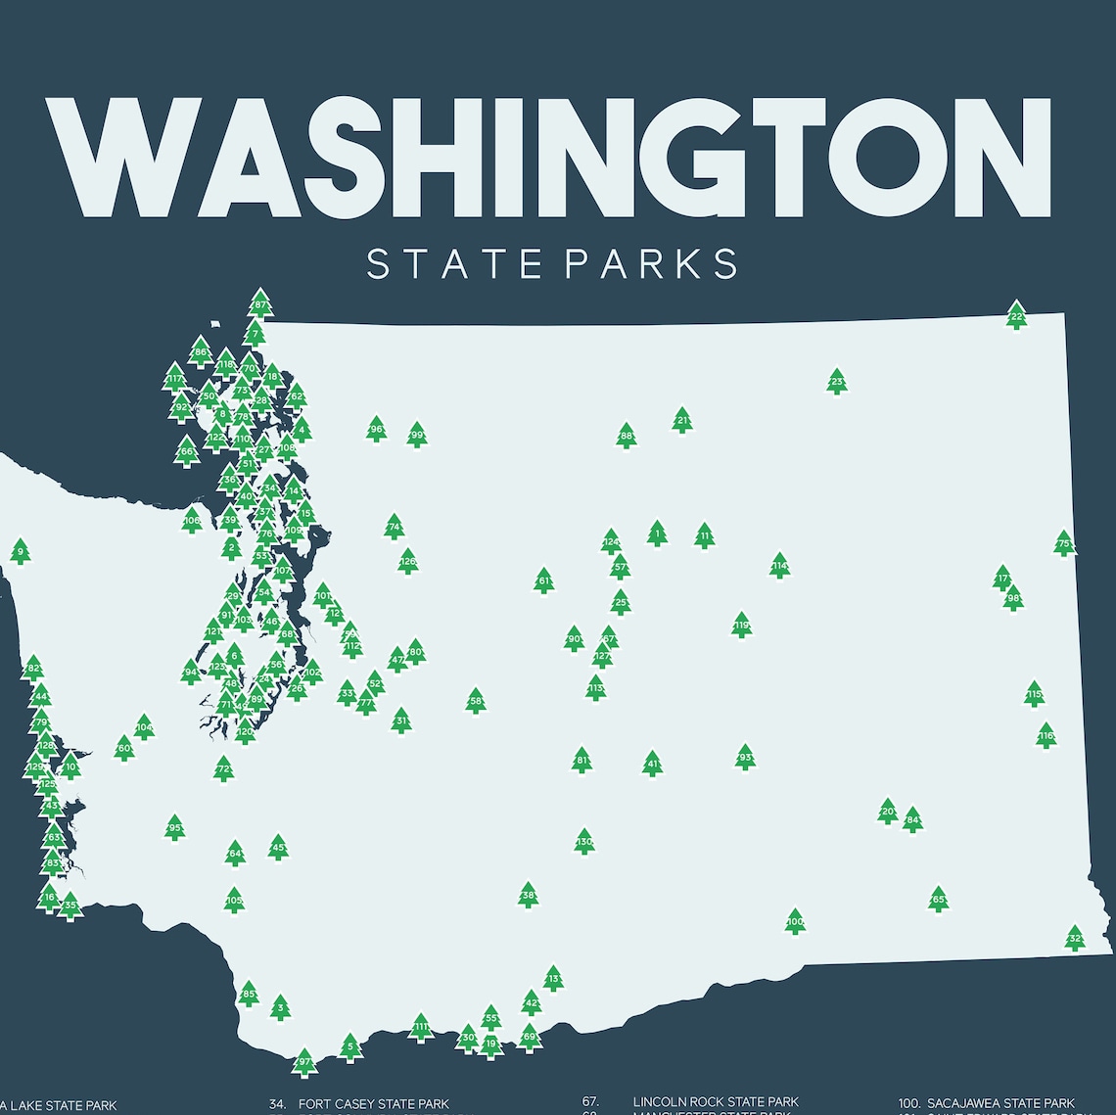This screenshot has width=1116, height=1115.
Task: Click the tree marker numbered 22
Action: pos(1016,315)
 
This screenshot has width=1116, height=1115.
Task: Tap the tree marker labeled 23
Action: pos(836,382)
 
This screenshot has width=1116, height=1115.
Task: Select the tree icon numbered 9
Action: pos(20,552)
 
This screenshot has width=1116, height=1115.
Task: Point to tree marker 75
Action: pos(1064,543)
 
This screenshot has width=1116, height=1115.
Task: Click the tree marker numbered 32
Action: pos(1075,938)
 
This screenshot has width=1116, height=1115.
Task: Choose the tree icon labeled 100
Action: pos(795,921)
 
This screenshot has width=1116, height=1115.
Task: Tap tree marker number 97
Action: pos(304,1062)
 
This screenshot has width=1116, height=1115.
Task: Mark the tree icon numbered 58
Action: pos(476,701)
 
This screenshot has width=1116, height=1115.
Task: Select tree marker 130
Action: pos(584,842)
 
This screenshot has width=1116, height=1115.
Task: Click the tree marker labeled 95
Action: pos(175,828)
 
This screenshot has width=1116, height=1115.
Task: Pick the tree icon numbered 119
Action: pos(741,625)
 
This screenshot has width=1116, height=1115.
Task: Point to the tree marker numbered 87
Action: pos(259,303)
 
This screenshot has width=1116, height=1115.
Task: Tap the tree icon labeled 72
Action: pos(224,768)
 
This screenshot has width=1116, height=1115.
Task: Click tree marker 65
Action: pos(938,899)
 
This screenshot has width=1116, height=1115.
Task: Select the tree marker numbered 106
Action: pos(192,520)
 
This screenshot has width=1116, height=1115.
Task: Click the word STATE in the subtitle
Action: pos(453,264)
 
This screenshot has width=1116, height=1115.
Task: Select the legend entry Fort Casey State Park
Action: pos(373,1104)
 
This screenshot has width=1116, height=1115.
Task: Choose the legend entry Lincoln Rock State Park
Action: pos(715,1102)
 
